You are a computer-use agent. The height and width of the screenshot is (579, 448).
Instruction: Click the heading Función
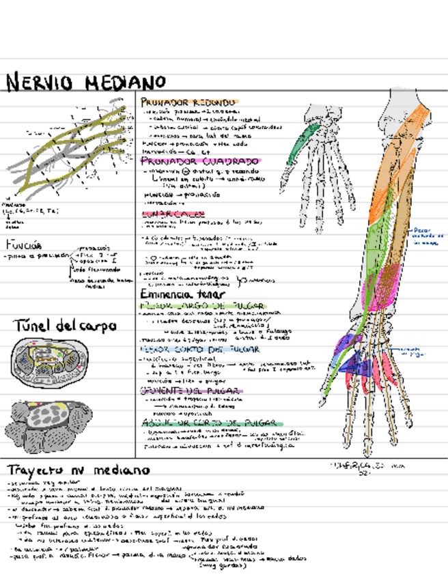[25, 245]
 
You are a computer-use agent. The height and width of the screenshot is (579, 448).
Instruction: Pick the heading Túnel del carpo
[55, 326]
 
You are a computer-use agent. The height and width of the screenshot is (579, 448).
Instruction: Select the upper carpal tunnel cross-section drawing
[45, 362]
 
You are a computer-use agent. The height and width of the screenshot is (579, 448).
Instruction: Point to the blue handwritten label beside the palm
[412, 351]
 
